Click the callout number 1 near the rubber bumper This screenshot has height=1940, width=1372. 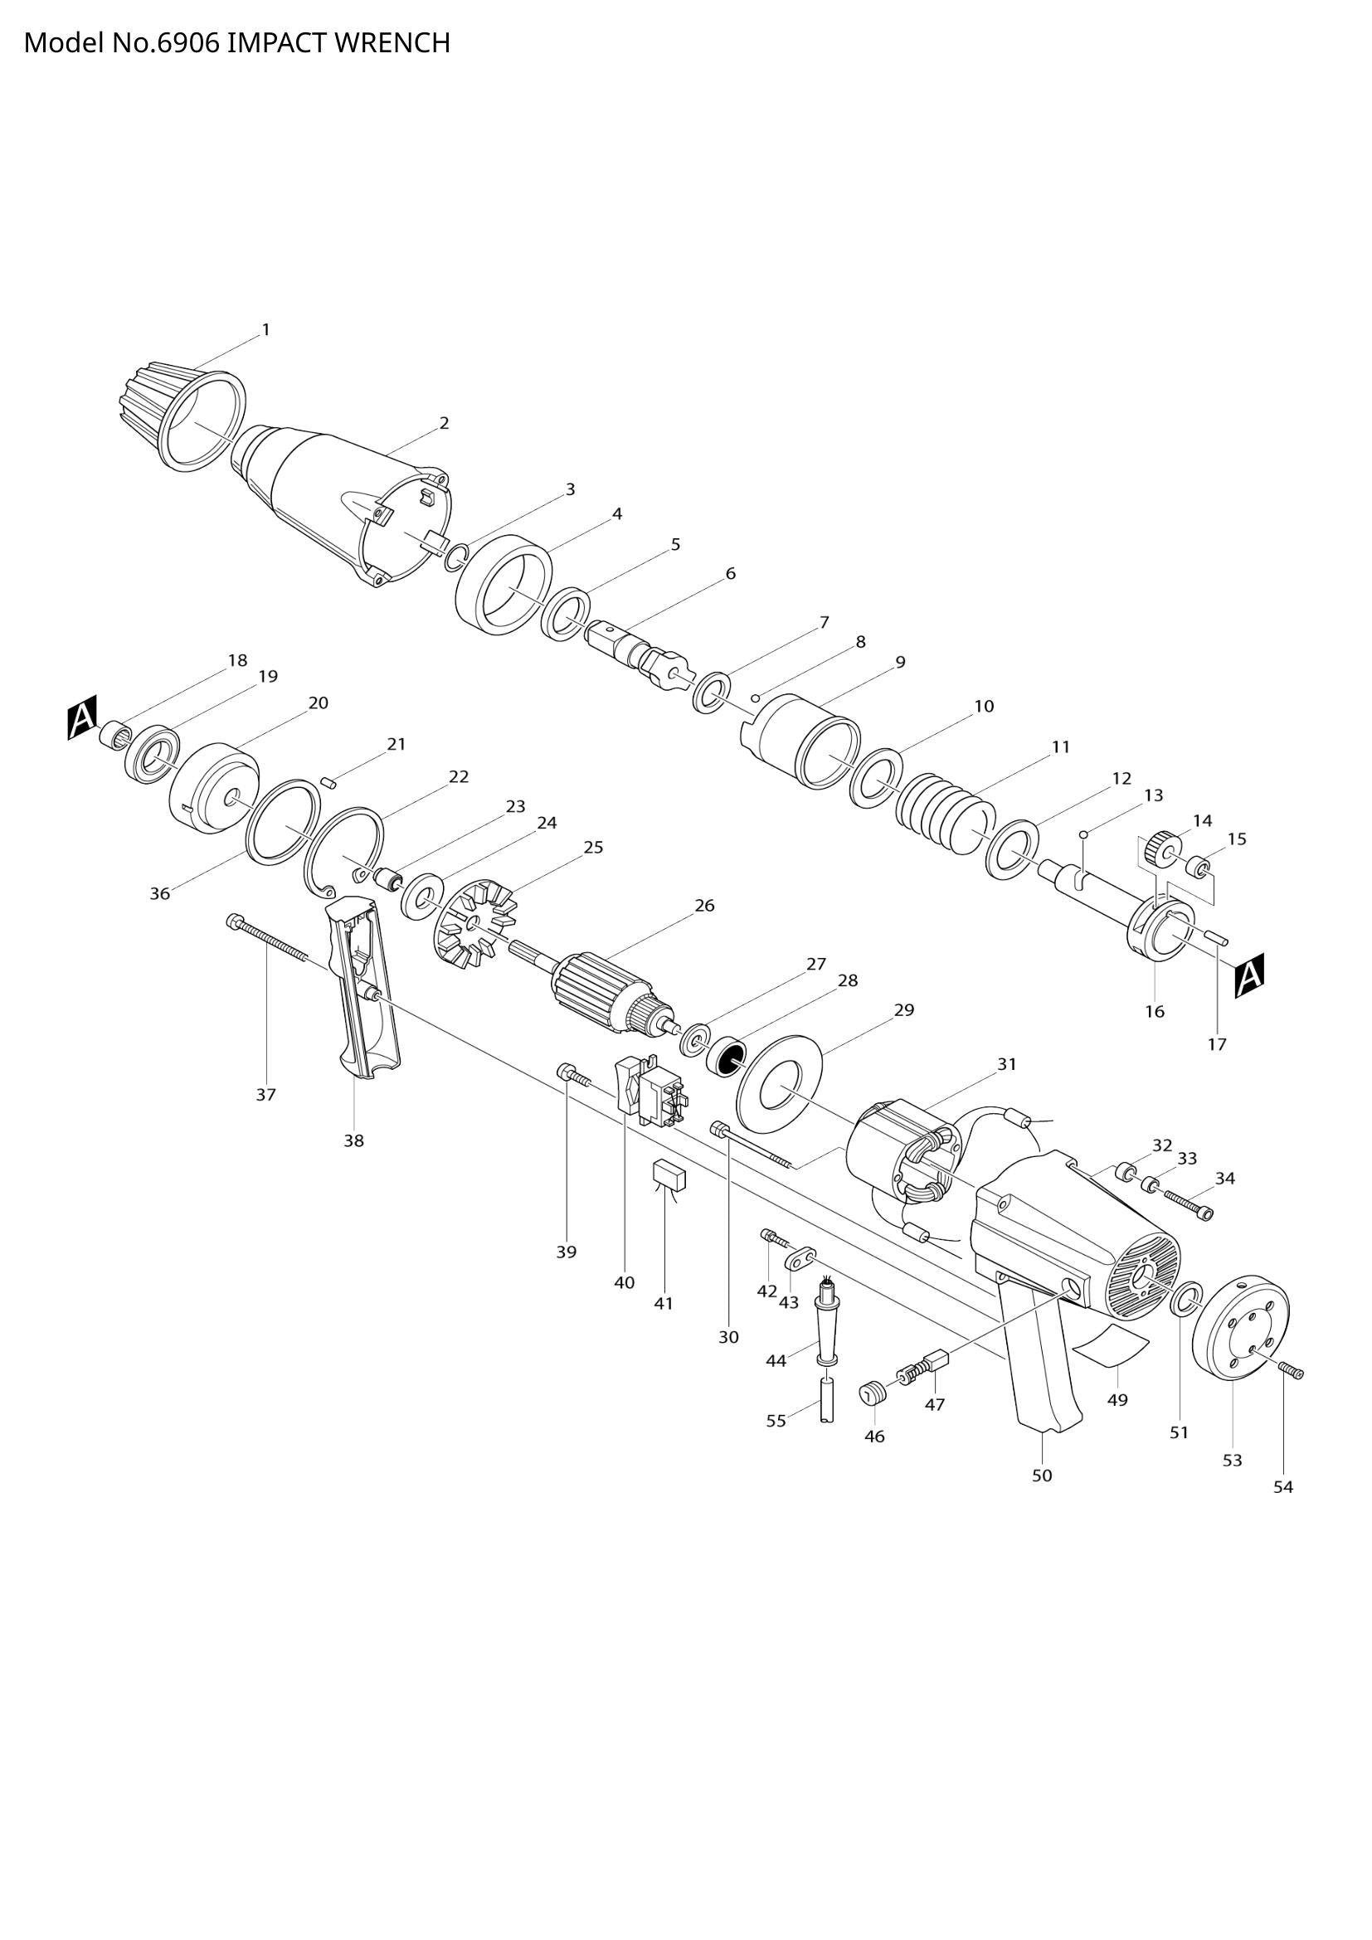pos(266,330)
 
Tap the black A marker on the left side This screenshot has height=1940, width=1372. pos(83,717)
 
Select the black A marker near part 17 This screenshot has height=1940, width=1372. pos(1249,975)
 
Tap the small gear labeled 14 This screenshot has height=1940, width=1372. pos(1165,848)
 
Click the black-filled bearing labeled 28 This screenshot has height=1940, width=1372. pos(727,1057)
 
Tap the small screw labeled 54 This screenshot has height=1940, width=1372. pos(1292,1372)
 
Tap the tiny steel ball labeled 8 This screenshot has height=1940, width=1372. pos(757,698)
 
